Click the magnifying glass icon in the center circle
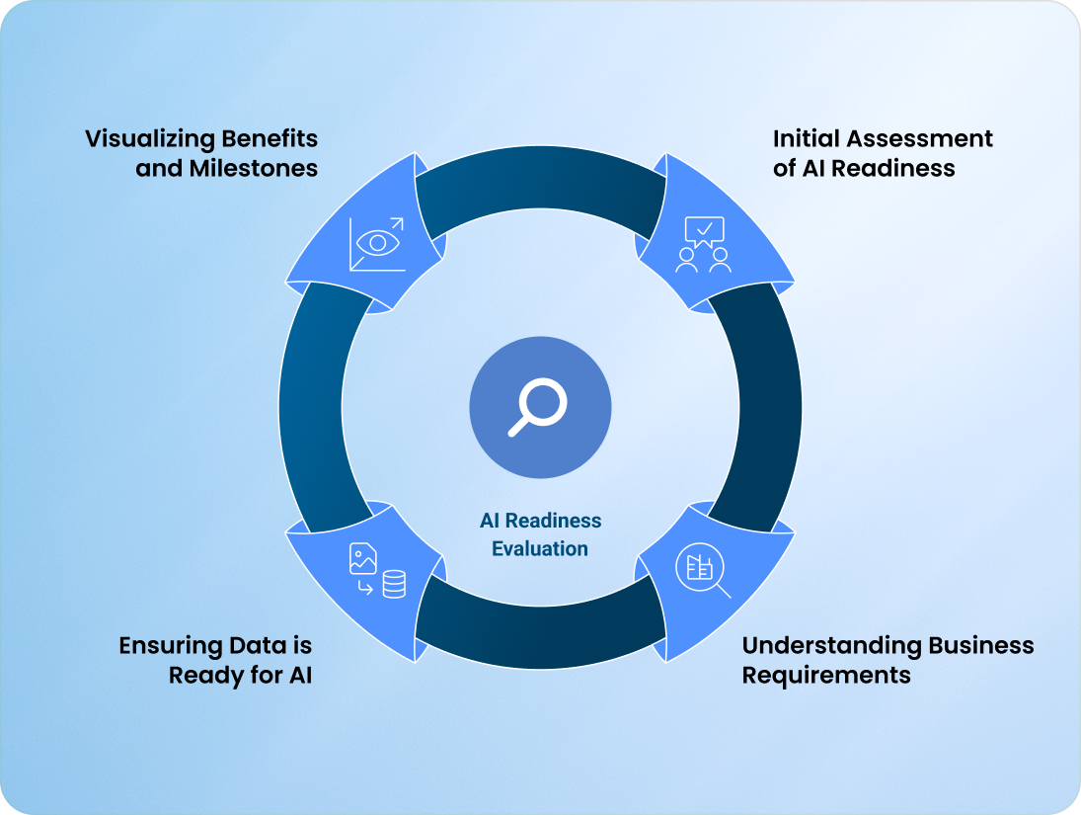[x=539, y=408]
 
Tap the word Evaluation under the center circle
[x=540, y=548]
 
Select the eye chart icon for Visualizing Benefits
[x=377, y=244]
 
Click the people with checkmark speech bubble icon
[x=703, y=244]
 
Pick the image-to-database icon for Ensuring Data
[x=377, y=571]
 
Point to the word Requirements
[x=826, y=676]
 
